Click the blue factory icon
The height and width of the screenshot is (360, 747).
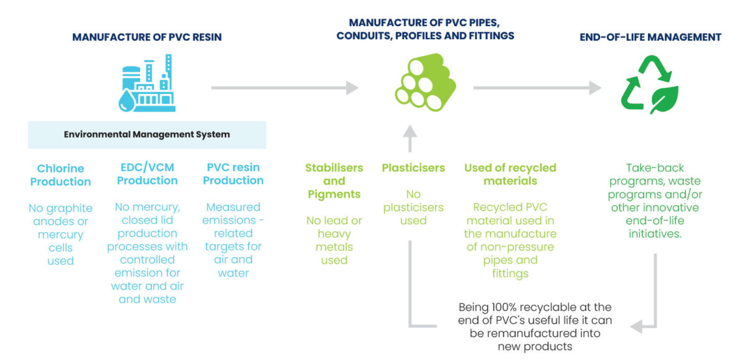pos(148,82)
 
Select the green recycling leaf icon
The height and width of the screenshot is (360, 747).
pos(649,85)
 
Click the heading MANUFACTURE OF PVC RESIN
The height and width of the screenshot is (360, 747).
pos(147,37)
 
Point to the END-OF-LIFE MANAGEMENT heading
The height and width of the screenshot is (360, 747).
pos(650,37)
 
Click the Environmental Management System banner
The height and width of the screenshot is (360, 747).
pos(147,135)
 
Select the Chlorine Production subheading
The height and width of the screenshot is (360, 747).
pos(60,175)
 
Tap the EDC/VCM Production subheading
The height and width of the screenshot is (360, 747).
pos(148,174)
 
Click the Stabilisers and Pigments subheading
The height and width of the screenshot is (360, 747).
pos(334,181)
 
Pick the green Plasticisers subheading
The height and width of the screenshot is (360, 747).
pos(413,168)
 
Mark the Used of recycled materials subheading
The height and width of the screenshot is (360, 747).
pos(510,174)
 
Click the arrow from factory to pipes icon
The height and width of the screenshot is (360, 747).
pos(284,88)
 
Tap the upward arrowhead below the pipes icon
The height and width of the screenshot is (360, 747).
pos(409,133)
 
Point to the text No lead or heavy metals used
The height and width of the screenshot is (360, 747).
pos(334,240)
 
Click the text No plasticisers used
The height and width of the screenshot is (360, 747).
pos(413,207)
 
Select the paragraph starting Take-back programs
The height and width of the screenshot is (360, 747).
pos(654,201)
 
